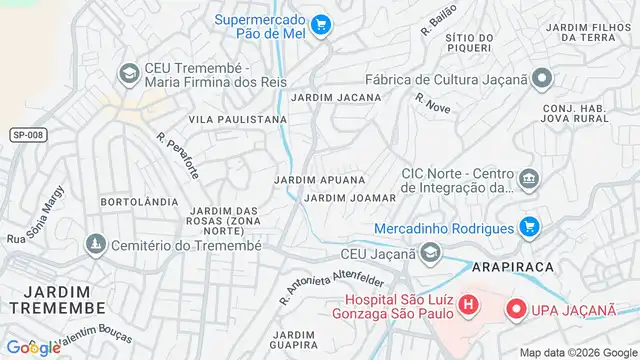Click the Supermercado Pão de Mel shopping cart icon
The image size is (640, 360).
point(320,23)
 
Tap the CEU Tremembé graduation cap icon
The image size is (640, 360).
point(129,74)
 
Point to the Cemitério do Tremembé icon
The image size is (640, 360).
point(95,244)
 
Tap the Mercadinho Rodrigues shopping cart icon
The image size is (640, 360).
point(531,228)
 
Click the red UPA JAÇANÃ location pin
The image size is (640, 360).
point(517,311)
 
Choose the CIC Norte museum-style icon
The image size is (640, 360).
point(529,180)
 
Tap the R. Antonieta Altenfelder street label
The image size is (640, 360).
point(331,280)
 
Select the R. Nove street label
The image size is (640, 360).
point(433,100)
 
